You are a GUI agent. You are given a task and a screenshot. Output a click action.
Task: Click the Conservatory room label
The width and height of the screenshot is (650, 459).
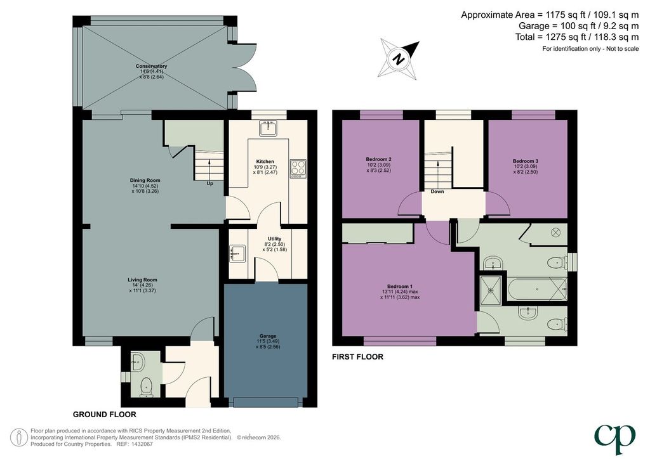[x=151, y=66]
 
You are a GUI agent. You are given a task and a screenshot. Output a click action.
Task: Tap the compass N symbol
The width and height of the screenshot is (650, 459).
[x=399, y=59]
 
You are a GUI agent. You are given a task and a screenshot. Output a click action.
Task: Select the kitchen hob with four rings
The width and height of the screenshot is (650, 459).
[x=298, y=169]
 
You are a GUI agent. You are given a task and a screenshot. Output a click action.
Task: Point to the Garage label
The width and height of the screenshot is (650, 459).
[x=268, y=336]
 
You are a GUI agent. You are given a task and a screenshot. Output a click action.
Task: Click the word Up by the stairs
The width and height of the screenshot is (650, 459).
[x=209, y=183]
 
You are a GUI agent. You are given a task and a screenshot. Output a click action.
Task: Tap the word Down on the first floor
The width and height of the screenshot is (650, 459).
[x=437, y=191]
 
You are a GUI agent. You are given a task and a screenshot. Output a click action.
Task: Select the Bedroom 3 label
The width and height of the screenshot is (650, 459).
[x=525, y=161]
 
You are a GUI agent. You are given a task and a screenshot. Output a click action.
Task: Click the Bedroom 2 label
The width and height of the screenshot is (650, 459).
[x=378, y=159]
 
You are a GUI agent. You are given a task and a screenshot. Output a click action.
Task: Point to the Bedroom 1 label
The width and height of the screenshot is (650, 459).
[x=400, y=287]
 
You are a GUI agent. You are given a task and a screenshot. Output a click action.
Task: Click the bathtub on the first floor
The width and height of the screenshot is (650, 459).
[x=536, y=289]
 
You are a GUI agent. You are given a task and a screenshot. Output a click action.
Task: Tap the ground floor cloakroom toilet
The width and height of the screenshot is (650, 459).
[x=145, y=387]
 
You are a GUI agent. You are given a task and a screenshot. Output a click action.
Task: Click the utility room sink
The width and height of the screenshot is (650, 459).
[x=237, y=254]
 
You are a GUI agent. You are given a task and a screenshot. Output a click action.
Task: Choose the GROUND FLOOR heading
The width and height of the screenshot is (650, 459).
[x=105, y=414]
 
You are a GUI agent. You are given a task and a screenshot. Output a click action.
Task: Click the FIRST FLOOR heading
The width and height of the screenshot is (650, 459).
[x=358, y=357]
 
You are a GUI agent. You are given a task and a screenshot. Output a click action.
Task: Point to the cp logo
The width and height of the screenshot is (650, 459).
[x=614, y=439]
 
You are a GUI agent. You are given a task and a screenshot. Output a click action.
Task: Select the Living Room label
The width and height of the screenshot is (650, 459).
[x=142, y=280]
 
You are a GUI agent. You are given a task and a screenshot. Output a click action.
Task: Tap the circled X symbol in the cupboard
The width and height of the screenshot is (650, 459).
[x=555, y=233]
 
